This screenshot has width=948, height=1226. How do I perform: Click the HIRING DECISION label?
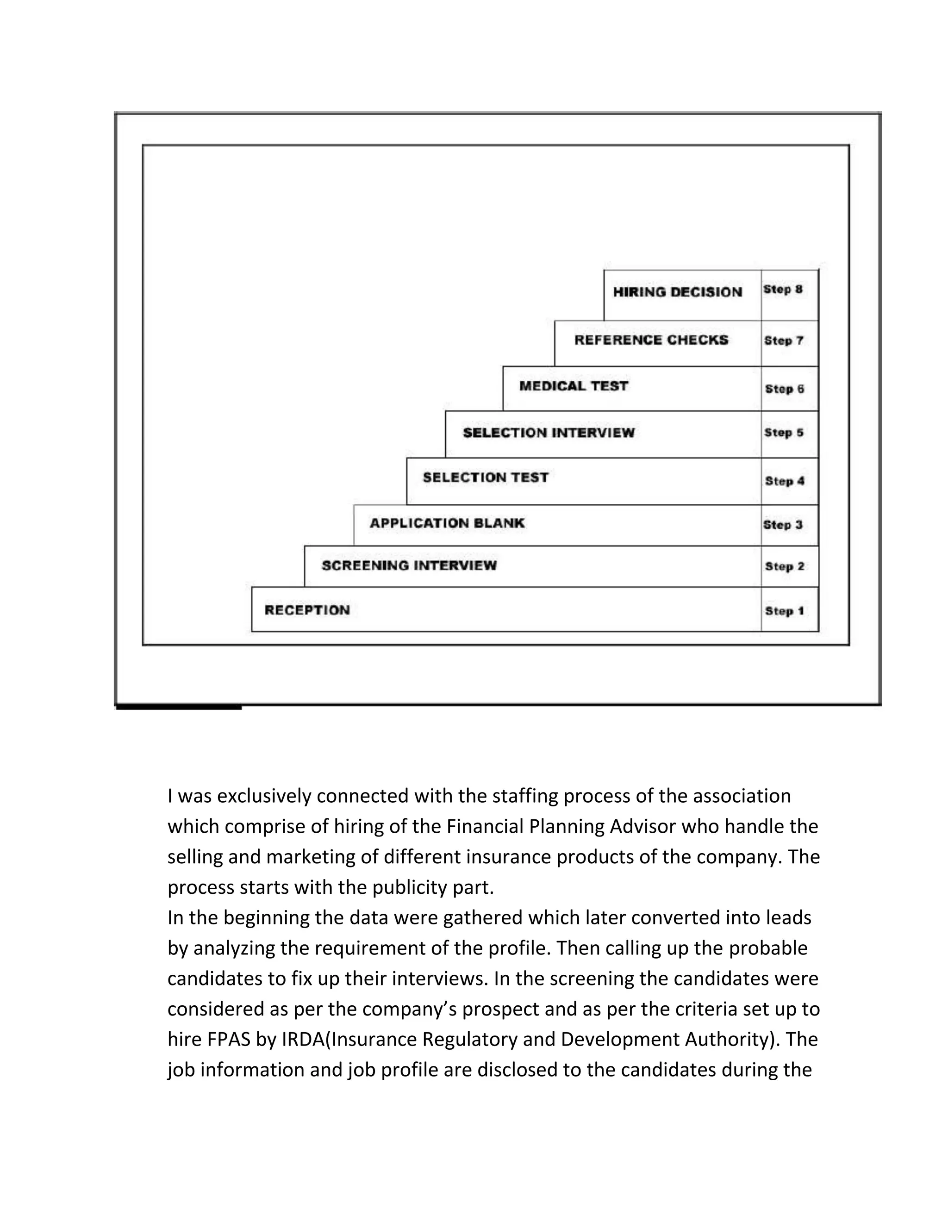[677, 292]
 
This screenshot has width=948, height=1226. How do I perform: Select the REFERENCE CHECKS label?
[651, 340]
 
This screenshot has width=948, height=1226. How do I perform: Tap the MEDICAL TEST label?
[574, 386]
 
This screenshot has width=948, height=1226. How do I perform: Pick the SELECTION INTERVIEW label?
[549, 433]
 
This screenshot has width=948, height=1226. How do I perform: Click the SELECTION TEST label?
[485, 478]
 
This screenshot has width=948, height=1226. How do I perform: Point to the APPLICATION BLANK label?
[447, 523]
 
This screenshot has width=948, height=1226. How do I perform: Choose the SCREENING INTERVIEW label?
[409, 565]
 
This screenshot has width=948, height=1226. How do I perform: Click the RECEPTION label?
[307, 610]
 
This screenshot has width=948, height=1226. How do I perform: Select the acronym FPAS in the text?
[229, 1040]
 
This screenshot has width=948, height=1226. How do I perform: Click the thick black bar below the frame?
[179, 707]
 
